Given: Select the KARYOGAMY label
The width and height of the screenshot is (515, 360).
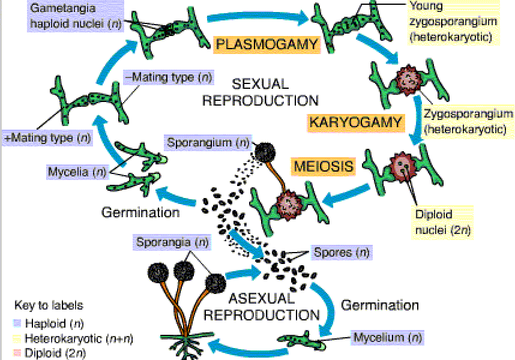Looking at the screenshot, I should coord(355,122).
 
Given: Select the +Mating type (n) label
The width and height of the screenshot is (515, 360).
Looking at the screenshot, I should coord(47,137).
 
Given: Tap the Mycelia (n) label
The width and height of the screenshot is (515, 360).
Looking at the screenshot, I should coord(76,173).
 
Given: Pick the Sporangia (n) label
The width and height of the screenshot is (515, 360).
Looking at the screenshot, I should coord(172,243).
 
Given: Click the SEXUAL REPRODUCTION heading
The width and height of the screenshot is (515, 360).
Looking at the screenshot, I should coord(260,92).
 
